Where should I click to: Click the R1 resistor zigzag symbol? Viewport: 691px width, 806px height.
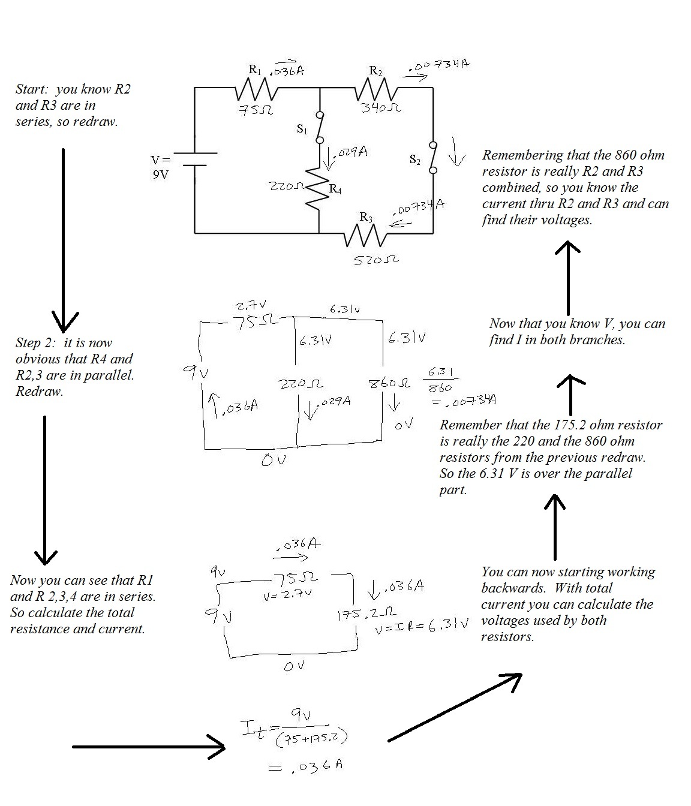pos(256,89)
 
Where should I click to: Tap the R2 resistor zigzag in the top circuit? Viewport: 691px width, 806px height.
pos(376,89)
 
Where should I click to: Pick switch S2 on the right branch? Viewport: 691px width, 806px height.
pos(433,158)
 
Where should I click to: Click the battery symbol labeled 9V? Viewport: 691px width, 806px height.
pos(195,159)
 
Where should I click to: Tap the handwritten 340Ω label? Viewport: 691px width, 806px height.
pos(381,107)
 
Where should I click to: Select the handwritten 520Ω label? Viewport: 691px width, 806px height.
pos(376,260)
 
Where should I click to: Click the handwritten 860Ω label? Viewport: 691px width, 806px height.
pos(389,383)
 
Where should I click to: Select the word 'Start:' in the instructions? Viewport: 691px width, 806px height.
pos(32,89)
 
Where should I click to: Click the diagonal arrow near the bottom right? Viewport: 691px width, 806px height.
pos(455,706)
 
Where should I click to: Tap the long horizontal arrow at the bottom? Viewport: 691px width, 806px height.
pos(149,747)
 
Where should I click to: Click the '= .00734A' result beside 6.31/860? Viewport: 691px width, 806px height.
pos(464,401)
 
